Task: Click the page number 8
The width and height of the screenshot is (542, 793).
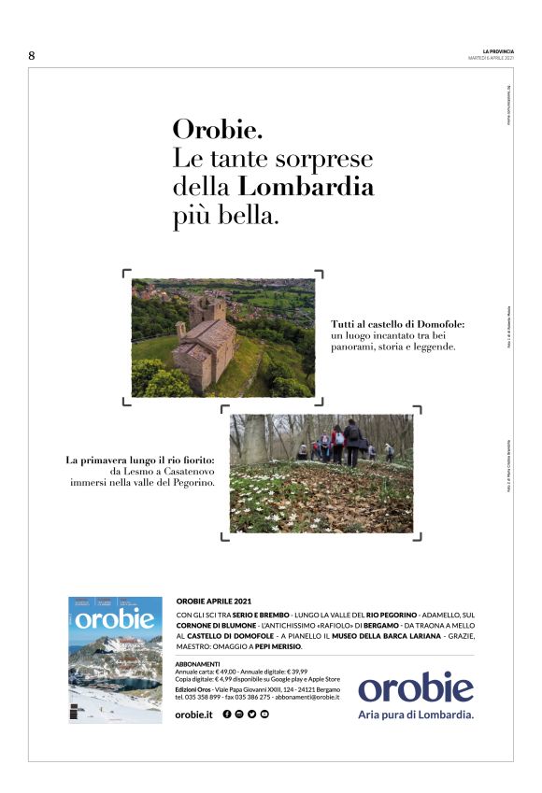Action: point(32,55)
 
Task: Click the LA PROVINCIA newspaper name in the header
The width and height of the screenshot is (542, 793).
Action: point(496,50)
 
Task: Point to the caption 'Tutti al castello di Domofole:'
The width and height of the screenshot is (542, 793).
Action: point(397,325)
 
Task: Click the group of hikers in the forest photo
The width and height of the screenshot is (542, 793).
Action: point(337,442)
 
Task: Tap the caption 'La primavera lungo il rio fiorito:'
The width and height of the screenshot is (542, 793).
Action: point(140,460)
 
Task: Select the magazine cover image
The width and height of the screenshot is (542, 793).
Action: point(115,659)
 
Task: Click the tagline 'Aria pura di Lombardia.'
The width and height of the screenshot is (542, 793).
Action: point(416,715)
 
